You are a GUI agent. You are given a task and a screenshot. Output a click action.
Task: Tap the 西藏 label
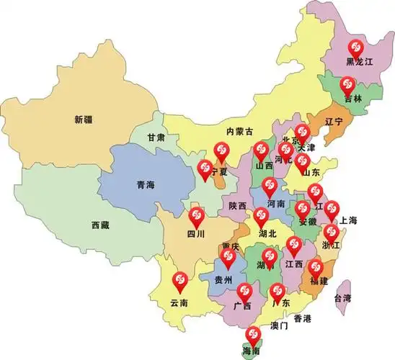coord(100,225)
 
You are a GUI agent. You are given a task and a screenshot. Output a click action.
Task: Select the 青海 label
coord(146,185)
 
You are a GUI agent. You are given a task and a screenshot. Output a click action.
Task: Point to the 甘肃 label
coord(156,137)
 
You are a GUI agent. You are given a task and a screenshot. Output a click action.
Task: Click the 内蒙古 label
coord(239,131)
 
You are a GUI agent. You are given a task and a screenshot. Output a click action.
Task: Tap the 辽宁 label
coord(334,120)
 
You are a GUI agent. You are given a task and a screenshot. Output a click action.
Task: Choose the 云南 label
coord(179,302)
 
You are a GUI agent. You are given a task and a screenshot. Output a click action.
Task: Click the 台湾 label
coord(342,297)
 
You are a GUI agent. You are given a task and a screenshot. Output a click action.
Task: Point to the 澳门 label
coord(279,326)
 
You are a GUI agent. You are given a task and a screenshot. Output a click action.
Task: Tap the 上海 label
coord(351,220)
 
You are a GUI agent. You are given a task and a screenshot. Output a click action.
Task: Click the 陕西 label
coord(237,206)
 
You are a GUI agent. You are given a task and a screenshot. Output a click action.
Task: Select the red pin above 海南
coord(252,334)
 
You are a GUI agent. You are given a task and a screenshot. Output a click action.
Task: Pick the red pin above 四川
coord(196,215)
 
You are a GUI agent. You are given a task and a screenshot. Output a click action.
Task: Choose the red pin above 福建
coord(315,268)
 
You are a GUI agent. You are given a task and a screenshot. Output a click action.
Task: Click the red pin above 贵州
coord(228,256)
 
